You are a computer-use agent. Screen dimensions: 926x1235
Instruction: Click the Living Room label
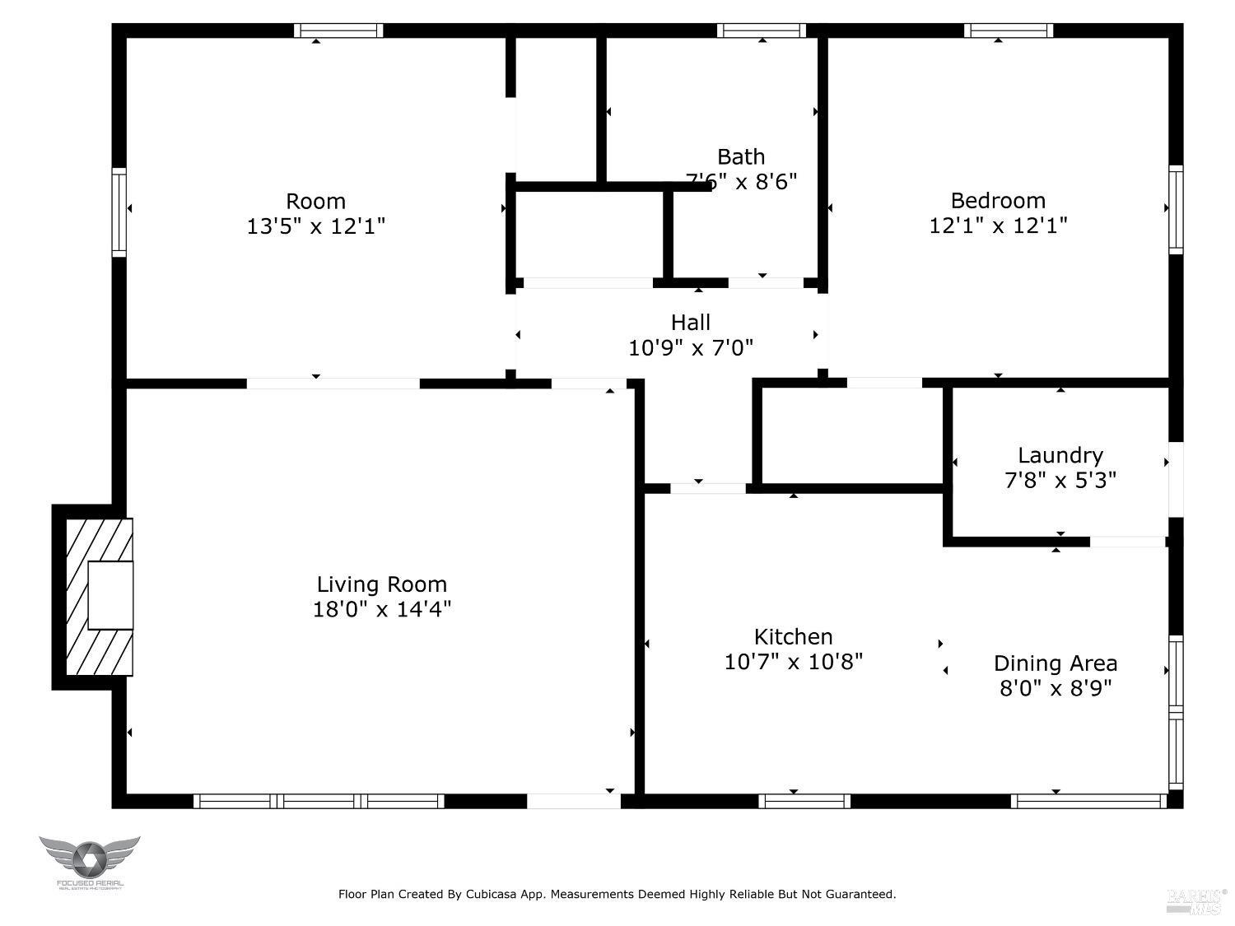click(x=381, y=584)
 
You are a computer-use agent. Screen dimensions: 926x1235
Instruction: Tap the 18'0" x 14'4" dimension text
click(x=381, y=609)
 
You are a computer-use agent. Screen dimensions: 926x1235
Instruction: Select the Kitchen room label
click(x=793, y=636)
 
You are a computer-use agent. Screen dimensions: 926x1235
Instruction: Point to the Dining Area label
click(x=1056, y=663)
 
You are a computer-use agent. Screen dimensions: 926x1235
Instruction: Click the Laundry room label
click(x=1060, y=455)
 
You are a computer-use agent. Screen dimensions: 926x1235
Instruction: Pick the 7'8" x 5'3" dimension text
click(x=1060, y=480)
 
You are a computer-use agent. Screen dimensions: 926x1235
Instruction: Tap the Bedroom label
click(x=998, y=200)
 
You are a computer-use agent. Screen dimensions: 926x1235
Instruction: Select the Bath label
click(x=741, y=156)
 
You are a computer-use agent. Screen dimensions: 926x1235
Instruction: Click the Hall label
click(x=690, y=323)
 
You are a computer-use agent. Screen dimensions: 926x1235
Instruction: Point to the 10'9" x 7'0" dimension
click(x=690, y=348)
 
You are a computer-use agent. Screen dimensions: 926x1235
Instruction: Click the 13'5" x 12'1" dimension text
click(x=315, y=226)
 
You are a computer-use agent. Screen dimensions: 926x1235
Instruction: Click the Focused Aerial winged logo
click(x=89, y=860)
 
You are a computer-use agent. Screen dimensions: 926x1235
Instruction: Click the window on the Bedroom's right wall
click(x=1176, y=209)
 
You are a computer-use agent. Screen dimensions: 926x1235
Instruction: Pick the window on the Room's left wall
click(x=119, y=212)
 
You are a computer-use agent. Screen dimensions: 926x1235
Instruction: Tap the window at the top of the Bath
click(x=762, y=30)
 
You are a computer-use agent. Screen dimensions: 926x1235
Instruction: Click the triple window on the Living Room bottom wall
click(x=319, y=801)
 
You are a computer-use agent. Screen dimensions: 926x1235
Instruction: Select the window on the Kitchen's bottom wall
click(x=804, y=801)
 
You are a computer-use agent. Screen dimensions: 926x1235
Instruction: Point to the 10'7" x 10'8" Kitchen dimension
click(x=793, y=662)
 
